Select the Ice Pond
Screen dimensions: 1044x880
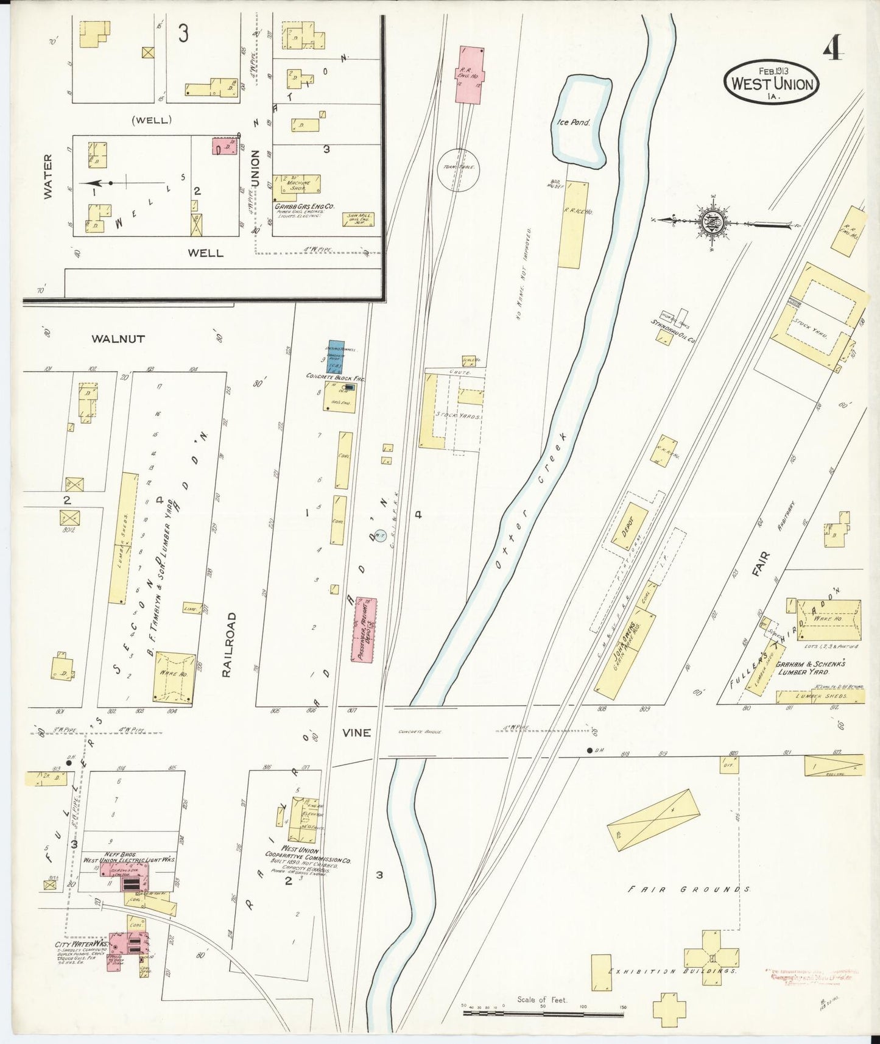(580, 121)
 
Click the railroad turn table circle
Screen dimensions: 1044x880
(459, 170)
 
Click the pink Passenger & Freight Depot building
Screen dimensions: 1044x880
(365, 629)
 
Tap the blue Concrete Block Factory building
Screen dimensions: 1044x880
(336, 356)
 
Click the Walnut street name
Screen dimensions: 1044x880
(118, 339)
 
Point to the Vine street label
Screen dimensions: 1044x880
(356, 733)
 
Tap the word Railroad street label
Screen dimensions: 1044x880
(228, 646)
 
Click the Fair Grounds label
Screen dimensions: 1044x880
(689, 889)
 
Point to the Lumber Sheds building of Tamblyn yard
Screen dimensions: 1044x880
(124, 537)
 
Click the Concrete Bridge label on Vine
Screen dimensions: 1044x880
(420, 732)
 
